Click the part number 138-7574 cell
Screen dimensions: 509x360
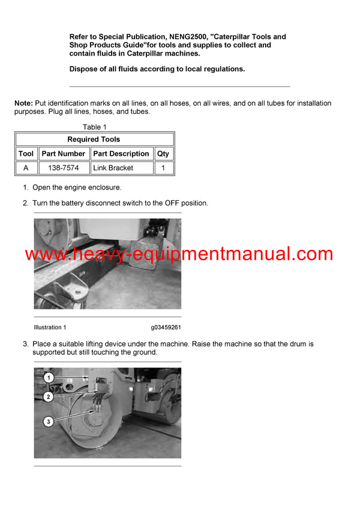(64, 168)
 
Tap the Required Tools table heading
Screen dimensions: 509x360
(94, 139)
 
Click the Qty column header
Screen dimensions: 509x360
(163, 153)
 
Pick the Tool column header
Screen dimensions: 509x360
(26, 153)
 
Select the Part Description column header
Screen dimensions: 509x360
(121, 153)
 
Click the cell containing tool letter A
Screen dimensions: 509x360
(26, 168)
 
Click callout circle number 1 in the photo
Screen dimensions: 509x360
(49, 378)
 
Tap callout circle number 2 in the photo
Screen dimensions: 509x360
(49, 397)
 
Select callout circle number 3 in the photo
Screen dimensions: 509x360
(49, 422)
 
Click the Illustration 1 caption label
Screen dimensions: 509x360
(50, 327)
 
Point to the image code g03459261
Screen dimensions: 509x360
(166, 327)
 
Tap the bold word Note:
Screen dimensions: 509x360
(23, 104)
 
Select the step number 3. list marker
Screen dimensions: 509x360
(26, 344)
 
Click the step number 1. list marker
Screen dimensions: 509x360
(26, 188)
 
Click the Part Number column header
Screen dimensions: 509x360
(64, 153)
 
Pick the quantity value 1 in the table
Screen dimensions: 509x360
(163, 168)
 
